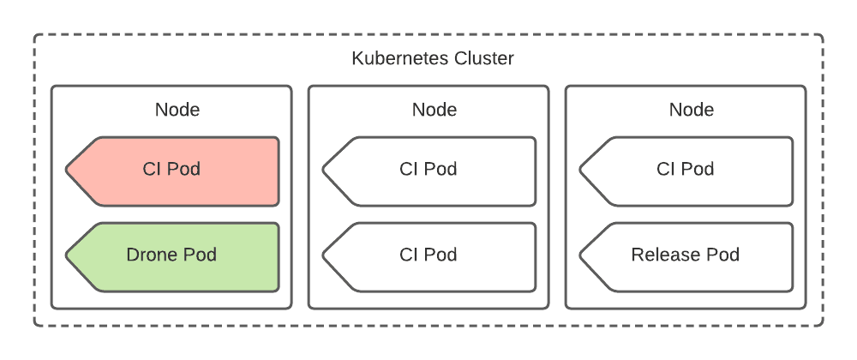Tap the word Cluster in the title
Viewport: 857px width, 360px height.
[486, 59]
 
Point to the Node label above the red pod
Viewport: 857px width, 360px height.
[177, 110]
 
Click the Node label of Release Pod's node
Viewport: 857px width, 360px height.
[692, 110]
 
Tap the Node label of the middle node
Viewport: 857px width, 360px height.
[434, 110]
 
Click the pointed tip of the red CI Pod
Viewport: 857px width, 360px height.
[69, 171]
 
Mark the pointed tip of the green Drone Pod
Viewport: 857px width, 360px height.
[69, 256]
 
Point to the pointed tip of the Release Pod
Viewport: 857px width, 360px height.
[583, 256]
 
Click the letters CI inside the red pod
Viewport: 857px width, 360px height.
[152, 170]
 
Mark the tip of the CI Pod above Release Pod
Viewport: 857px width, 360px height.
[583, 171]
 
